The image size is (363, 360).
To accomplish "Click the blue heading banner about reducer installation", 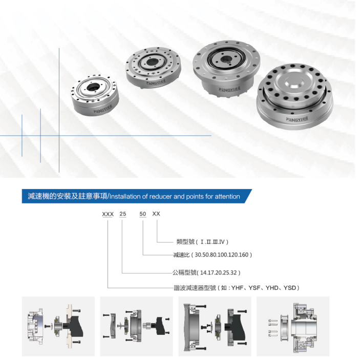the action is coord(137,196).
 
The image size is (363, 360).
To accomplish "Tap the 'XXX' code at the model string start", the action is coord(108,214).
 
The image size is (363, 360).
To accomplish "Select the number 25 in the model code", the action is coord(123,214).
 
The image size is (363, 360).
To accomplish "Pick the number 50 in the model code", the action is coord(143,214).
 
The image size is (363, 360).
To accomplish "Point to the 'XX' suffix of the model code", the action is coord(156,214).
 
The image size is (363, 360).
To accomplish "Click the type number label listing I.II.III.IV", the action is coord(202,242).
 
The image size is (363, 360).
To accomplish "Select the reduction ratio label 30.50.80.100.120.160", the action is coord(212,255).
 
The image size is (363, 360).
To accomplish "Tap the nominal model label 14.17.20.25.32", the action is coord(206,272).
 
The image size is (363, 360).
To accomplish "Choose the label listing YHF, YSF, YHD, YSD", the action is coord(237,288).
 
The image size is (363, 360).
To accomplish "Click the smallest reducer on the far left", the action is coord(95,95).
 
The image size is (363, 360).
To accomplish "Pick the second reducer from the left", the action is coord(153,67).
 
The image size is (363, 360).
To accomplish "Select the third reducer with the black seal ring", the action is coord(226,68).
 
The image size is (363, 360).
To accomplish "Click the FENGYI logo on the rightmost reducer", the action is coord(297,119).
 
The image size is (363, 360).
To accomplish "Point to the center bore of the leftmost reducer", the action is coord(94,87).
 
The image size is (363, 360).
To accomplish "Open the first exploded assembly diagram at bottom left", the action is coord(58,326).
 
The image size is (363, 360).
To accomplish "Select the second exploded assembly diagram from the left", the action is coord(137,326).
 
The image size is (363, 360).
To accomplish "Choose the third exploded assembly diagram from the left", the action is coord(215,326).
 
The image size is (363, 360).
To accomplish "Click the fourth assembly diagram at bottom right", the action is coord(293,326).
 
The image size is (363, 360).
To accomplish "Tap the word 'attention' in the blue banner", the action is coord(227,197).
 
